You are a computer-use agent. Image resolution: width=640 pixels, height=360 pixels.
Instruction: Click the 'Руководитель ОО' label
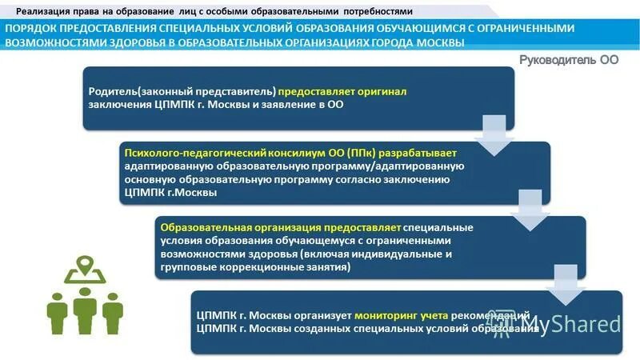569,60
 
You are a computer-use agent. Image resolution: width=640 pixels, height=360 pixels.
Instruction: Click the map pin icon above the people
83,269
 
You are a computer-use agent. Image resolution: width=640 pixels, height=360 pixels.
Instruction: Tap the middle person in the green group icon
83,309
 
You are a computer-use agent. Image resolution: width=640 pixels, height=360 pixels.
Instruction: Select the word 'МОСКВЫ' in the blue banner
439,42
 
